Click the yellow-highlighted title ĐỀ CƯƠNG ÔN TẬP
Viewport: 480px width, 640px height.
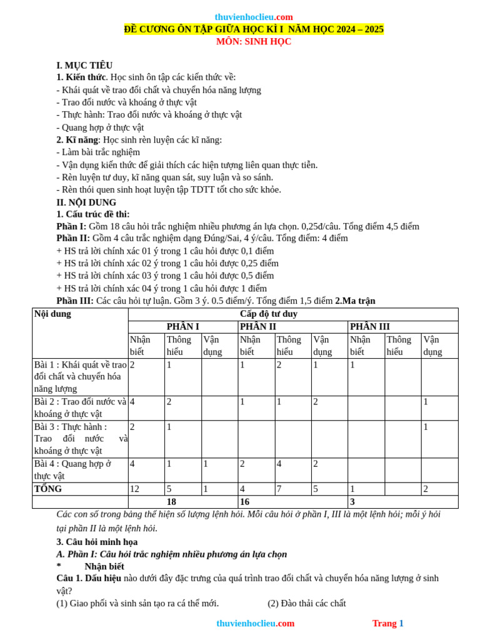pos(254,29)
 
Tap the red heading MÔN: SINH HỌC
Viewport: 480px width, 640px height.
pos(254,42)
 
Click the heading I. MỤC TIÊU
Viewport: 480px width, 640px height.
pos(84,65)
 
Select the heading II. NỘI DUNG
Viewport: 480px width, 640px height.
pos(86,202)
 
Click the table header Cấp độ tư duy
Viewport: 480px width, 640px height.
pos(292,314)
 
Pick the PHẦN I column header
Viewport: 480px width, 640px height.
pos(182,327)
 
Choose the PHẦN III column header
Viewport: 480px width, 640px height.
pos(370,327)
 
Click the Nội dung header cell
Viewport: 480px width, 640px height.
pos(52,314)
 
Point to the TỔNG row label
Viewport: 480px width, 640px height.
pos(48,489)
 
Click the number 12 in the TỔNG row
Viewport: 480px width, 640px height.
pos(135,489)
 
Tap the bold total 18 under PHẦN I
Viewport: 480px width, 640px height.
pos(171,502)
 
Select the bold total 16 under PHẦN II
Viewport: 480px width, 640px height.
pos(245,502)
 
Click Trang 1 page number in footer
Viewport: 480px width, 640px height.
pos(387,623)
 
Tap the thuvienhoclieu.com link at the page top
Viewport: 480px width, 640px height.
pos(254,17)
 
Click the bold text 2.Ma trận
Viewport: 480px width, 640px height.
pos(355,301)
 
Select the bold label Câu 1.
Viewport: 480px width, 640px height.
pos(69,578)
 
